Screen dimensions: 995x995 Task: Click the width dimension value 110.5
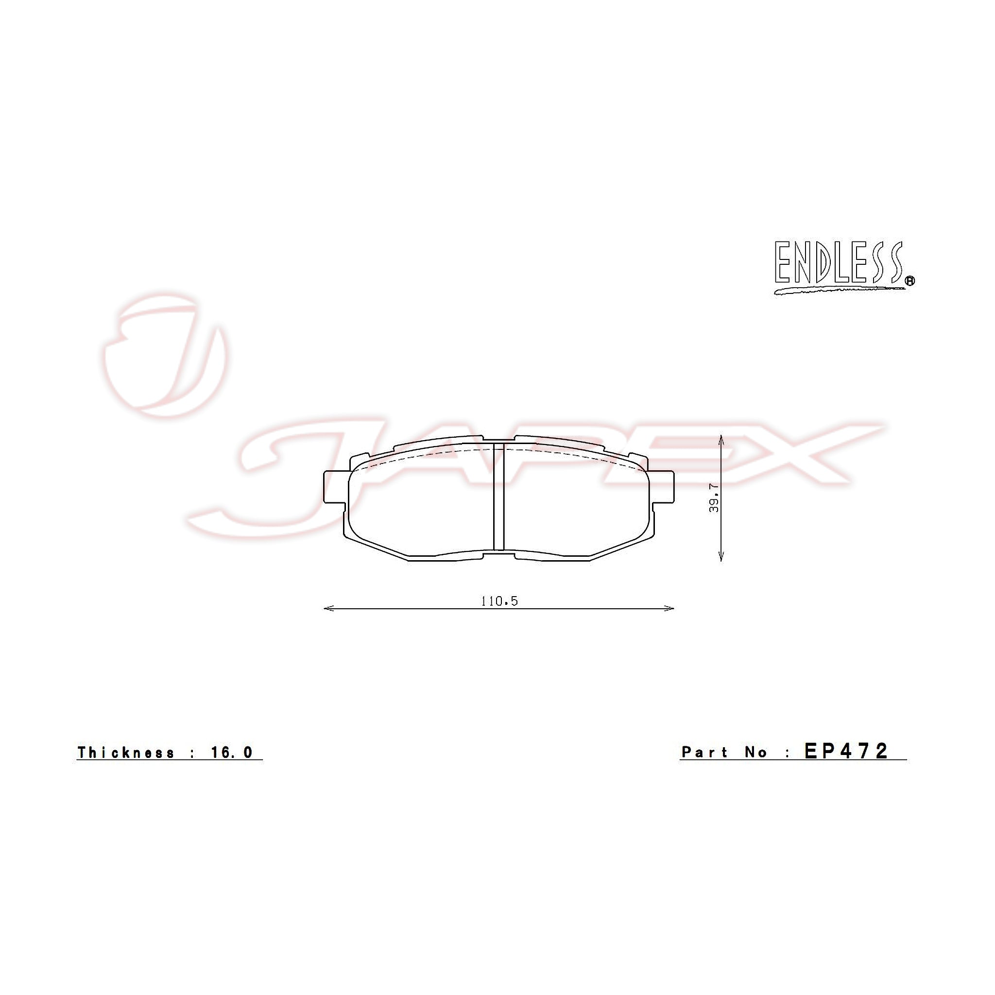pyautogui.click(x=499, y=601)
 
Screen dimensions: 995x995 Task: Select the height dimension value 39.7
pyautogui.click(x=714, y=497)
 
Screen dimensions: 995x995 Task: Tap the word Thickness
pyautogui.click(x=126, y=753)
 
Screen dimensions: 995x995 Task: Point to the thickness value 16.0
pyautogui.click(x=232, y=753)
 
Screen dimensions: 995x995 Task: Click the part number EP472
pyautogui.click(x=846, y=751)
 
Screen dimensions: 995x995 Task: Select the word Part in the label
pyautogui.click(x=704, y=753)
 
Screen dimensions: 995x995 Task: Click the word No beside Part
pyautogui.click(x=756, y=753)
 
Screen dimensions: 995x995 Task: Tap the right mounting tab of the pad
pyautogui.click(x=663, y=487)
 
